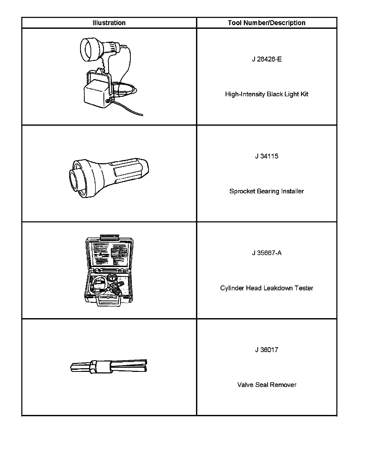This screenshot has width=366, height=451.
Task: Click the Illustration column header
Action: pos(109,23)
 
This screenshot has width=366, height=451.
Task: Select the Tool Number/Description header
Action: pos(266,23)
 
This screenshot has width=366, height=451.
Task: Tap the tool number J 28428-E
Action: pos(266,59)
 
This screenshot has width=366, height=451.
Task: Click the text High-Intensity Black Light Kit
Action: pos(266,94)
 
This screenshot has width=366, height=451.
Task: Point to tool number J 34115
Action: pos(266,156)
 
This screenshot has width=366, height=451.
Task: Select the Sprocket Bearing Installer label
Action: pos(266,191)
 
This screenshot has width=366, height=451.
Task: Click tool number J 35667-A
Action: pos(266,253)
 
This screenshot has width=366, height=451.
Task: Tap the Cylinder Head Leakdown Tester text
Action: pos(266,288)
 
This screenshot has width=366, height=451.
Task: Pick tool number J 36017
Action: pos(266,350)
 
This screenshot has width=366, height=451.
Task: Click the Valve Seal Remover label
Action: pos(266,385)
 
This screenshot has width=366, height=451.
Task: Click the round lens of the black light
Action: pos(87,50)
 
